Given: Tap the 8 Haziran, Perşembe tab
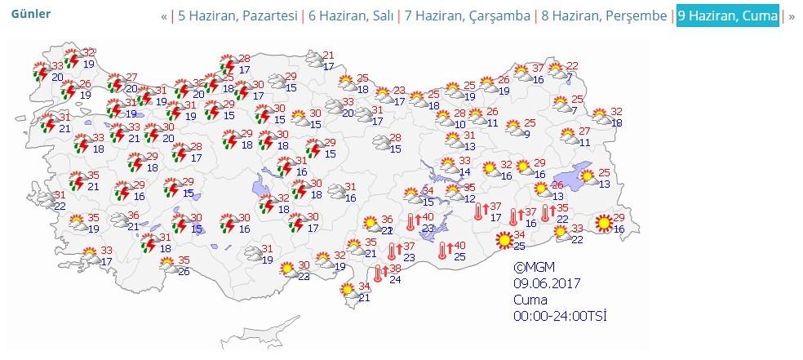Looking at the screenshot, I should pos(603,16).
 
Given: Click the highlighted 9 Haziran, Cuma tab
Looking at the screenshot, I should pos(727,16).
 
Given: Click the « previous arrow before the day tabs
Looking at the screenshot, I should pos(164,16).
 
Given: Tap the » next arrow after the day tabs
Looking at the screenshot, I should pos(791,16).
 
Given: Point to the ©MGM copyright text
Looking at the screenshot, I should pos(532,267).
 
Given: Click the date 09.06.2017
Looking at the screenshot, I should pos(547,283).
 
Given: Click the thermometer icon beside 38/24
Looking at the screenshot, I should pos(379,274).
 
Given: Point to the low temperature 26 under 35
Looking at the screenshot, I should pos(184,271).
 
